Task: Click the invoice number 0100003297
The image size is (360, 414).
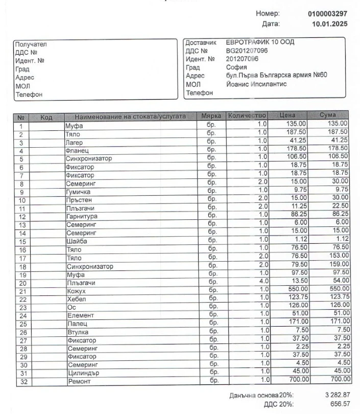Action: [327, 14]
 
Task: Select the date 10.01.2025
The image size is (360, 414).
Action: [329, 24]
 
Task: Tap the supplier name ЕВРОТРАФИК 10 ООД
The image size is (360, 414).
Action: [260, 42]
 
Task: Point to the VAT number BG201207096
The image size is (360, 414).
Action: [247, 51]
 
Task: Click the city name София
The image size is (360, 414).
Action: [236, 67]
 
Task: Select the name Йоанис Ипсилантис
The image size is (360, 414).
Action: [256, 84]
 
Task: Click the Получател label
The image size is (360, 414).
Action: [31, 44]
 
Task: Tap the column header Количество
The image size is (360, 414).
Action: [247, 116]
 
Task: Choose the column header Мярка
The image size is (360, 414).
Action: [211, 116]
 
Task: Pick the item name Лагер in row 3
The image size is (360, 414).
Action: [74, 143]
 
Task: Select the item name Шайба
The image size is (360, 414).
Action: [77, 242]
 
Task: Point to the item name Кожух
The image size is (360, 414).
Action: [76, 291]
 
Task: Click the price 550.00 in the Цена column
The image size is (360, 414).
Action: [296, 289]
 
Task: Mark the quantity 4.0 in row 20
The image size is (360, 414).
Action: [262, 281]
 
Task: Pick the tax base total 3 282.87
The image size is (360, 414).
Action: [338, 395]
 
